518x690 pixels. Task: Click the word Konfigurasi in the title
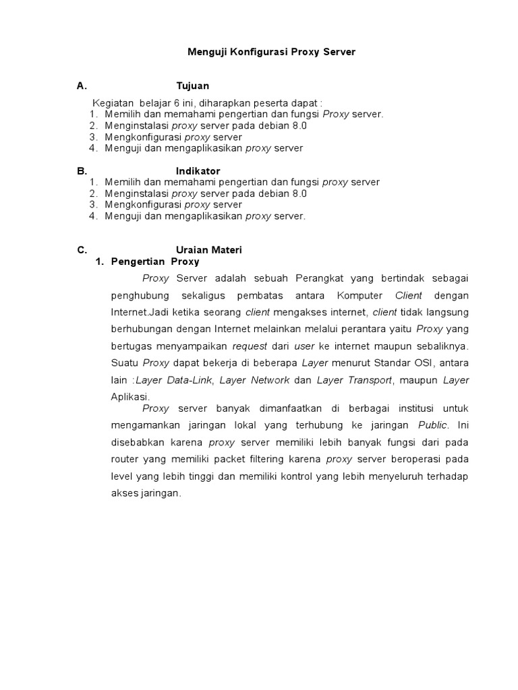[x=260, y=52]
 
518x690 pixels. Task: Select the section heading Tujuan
[x=192, y=86]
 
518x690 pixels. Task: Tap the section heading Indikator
[x=198, y=171]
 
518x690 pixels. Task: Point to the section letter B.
[x=81, y=171]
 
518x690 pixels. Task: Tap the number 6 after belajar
[x=177, y=102]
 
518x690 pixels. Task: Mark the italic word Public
[x=432, y=425]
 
